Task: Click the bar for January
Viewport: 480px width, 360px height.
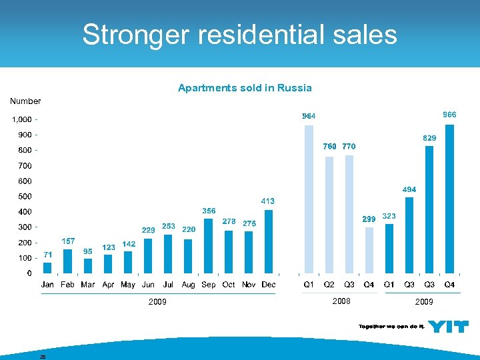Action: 47,267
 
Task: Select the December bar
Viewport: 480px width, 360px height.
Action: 269,241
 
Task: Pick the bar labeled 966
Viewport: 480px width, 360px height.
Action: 449,199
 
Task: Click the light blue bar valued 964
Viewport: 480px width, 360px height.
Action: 309,199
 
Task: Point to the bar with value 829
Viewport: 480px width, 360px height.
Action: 429,209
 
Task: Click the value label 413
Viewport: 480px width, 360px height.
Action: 267,201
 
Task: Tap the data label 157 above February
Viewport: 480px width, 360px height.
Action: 68,241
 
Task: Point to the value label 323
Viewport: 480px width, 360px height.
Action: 389,217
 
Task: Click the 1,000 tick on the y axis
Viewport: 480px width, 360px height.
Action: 21,120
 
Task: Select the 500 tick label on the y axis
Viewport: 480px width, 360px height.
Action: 24,197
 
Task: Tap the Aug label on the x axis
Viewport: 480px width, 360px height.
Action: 189,285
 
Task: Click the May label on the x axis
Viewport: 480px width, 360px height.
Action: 128,285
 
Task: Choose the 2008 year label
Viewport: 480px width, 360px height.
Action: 341,301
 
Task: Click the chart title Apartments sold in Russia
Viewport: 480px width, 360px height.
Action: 245,88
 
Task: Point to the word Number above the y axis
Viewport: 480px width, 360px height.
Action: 25,101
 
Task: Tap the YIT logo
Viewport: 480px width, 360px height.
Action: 448,326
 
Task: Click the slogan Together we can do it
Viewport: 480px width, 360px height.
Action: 391,326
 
